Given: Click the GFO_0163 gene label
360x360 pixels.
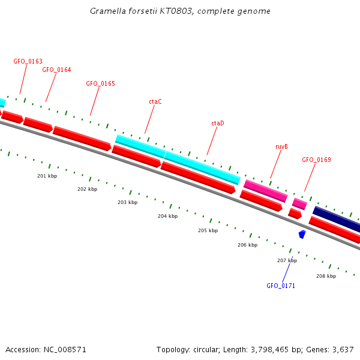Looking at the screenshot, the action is [x=28, y=61].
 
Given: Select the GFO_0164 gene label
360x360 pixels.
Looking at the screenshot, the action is [x=56, y=70].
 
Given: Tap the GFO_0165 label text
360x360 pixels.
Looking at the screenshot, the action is [x=100, y=84].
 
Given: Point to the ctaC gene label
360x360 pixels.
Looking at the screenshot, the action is [x=155, y=102].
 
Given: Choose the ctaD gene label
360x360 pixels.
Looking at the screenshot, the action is [x=217, y=123].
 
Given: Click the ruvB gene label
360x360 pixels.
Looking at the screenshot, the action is [x=281, y=146].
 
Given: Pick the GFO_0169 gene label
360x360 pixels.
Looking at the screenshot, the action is [x=316, y=160].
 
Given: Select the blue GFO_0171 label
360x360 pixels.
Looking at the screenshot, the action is [x=281, y=286].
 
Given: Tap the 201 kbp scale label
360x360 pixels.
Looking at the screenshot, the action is [x=47, y=176].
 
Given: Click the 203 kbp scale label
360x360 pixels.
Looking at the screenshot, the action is [x=127, y=202].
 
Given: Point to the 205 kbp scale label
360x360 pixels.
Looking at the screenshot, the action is [x=208, y=230].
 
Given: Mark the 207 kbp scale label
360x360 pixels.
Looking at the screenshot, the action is [x=287, y=260].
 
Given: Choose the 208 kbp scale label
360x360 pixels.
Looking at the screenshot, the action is [x=326, y=276].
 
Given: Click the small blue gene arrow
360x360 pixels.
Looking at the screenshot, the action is [x=302, y=234].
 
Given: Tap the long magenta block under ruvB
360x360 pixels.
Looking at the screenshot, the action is [x=265, y=191].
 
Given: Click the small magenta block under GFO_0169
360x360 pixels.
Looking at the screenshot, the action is [x=299, y=204].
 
